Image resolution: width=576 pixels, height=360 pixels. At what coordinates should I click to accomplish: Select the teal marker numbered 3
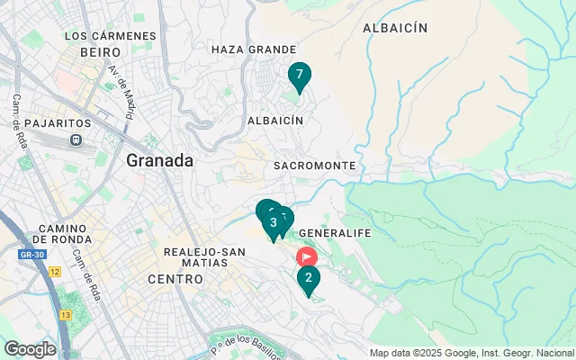point(273,223)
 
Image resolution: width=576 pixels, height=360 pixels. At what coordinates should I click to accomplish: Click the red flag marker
point(306,256)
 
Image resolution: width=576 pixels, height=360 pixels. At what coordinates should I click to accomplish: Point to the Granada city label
point(160,161)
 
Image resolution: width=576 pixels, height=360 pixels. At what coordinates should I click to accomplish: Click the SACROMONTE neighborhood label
point(314,166)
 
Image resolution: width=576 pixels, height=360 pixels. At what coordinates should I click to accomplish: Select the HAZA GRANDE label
point(253,49)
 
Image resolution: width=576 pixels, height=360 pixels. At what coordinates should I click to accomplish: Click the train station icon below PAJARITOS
point(76,140)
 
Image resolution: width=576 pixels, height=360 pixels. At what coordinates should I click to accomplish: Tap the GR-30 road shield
point(31,255)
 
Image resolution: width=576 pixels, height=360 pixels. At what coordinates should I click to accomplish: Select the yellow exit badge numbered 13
point(65,315)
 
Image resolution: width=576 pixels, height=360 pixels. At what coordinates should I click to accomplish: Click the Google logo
point(30,349)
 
